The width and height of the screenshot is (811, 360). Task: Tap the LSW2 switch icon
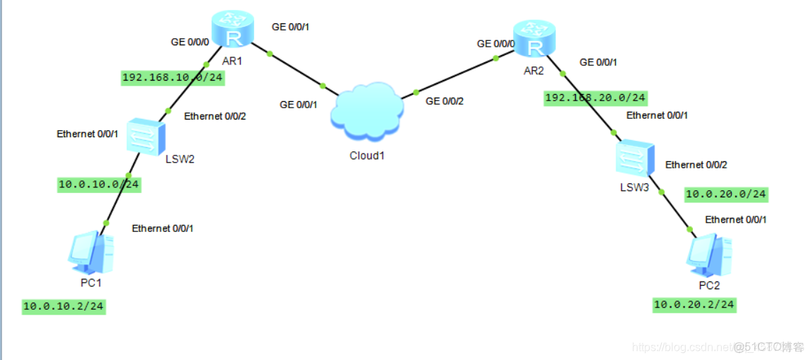click(x=146, y=137)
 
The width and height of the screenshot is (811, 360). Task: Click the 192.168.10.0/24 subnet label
click(x=173, y=77)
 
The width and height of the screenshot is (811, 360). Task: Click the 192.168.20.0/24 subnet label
click(x=595, y=98)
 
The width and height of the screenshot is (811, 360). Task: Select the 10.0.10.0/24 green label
click(x=98, y=185)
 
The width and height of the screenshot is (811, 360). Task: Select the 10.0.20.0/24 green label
click(x=726, y=194)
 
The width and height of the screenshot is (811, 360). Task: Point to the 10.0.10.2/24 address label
click(x=64, y=306)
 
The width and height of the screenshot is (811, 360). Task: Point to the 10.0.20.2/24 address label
click(x=694, y=305)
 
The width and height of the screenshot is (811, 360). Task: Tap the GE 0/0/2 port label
click(x=445, y=101)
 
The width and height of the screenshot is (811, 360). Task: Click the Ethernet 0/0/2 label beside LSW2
click(x=215, y=117)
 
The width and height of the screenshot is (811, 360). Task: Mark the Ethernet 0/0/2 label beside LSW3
click(x=696, y=165)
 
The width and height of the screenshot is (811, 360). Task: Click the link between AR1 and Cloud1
click(x=295, y=69)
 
